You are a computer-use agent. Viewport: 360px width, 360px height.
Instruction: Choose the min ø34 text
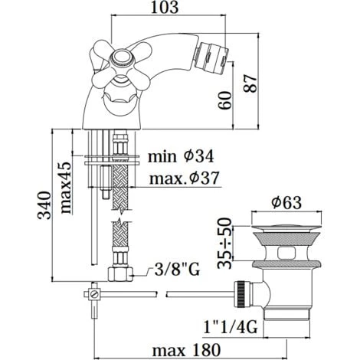click(x=181, y=157)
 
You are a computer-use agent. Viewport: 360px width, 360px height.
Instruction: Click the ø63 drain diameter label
click(x=286, y=203)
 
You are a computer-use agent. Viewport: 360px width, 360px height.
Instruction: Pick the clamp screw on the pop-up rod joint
click(x=93, y=293)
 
